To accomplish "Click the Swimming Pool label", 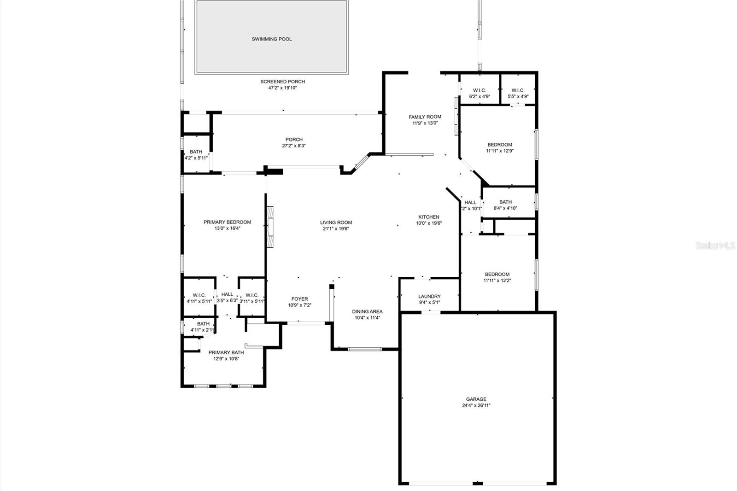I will coord(272,39).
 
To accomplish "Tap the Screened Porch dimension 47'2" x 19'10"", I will coord(283,88).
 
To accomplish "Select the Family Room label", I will coord(425,117).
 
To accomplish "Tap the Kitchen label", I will coord(428,217).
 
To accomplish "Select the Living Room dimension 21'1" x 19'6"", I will coord(336,228).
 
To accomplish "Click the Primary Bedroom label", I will coord(227,222).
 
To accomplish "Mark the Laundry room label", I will coord(429,296).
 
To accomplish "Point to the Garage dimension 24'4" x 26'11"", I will coord(476,405).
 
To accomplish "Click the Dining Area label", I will coord(367,311).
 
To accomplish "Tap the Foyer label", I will coord(299,299).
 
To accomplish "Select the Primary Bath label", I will coord(226,352).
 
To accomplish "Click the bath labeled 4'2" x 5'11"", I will coord(196,152).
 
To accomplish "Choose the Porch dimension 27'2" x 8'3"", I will coord(294,146).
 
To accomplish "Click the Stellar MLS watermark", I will coord(715,245).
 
